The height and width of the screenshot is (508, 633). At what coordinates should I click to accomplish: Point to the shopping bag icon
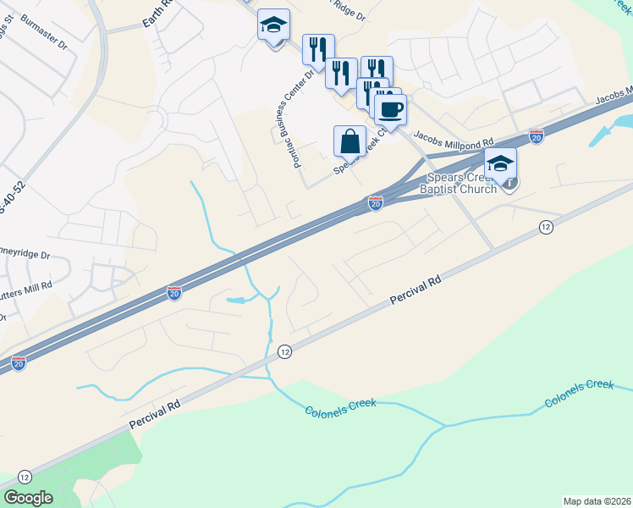pos(350,141)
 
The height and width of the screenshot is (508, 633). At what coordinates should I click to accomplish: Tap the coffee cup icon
pos(390,109)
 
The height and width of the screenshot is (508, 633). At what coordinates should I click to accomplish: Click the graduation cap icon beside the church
pos(500,163)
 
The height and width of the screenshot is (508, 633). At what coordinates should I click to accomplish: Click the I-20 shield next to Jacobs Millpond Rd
pos(536,135)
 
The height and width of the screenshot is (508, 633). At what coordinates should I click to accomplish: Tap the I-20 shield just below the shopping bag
pos(376,203)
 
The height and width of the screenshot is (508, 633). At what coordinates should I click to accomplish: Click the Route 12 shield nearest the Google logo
pos(24,478)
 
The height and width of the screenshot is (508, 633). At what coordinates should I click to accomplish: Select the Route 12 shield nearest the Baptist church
pos(546,227)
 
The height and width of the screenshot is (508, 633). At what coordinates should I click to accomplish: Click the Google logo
pos(28,498)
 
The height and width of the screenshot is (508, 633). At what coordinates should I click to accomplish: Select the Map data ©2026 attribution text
pos(597,501)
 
